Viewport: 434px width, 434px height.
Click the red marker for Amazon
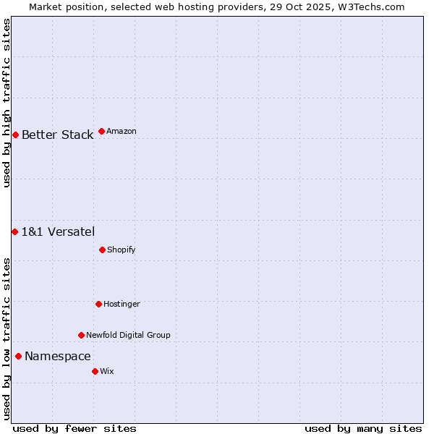click(x=101, y=131)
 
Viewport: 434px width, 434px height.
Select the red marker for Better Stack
click(x=15, y=135)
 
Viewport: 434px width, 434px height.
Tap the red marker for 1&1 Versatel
click(x=14, y=231)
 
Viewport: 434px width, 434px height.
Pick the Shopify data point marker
click(x=102, y=250)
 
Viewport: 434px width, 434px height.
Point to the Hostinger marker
click(x=98, y=304)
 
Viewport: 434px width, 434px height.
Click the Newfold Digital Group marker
click(x=81, y=335)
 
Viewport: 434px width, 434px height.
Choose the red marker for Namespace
click(x=18, y=356)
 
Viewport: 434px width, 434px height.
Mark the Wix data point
click(x=95, y=371)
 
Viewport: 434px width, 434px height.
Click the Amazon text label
click(x=122, y=131)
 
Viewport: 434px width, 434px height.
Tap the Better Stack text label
click(x=57, y=135)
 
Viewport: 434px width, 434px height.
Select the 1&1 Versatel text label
click(x=58, y=231)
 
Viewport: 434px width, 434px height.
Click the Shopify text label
click(x=122, y=250)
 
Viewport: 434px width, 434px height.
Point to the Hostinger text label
click(x=122, y=304)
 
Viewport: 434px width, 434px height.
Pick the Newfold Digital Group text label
click(x=128, y=335)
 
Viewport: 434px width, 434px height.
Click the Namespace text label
click(x=58, y=356)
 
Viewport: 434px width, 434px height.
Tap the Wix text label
click(x=107, y=371)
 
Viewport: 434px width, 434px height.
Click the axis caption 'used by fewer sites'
click(x=75, y=428)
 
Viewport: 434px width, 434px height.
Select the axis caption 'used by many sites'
click(x=363, y=428)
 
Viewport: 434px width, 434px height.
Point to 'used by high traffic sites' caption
click(x=7, y=103)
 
